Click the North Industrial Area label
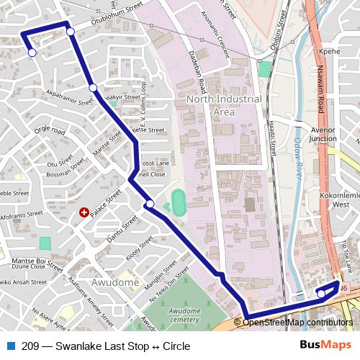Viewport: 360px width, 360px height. (215, 105)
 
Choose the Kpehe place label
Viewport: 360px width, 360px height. (328, 52)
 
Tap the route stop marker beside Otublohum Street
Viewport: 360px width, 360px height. (71, 31)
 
